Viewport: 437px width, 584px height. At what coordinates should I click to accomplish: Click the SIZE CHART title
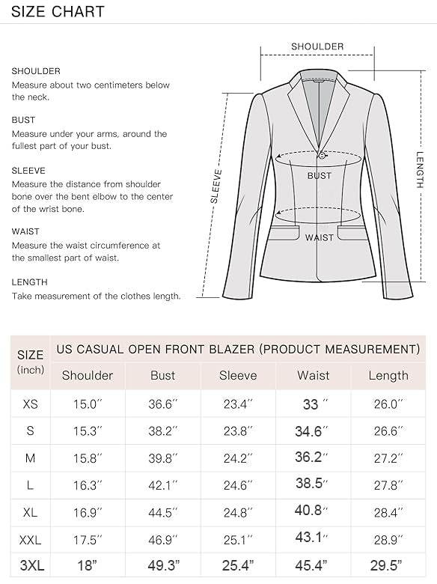point(58,12)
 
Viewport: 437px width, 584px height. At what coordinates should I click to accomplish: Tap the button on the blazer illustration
point(323,155)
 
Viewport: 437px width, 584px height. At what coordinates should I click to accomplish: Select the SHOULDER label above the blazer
point(317,46)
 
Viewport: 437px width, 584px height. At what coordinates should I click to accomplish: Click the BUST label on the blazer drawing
point(320,176)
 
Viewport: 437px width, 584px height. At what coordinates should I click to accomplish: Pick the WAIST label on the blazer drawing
point(320,237)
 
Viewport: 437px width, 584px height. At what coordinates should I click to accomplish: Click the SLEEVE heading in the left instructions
point(28,171)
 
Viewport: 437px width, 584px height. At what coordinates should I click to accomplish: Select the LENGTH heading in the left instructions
point(29,282)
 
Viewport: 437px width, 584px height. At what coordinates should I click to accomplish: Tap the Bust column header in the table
point(162,375)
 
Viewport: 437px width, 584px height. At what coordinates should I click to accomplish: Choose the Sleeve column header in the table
point(238,375)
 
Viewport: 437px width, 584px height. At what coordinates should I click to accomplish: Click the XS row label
point(30,404)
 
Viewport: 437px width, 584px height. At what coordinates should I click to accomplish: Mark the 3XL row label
point(30,565)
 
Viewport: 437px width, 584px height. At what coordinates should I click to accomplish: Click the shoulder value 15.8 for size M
point(88,457)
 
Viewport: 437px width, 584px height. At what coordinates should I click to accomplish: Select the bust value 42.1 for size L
point(162,484)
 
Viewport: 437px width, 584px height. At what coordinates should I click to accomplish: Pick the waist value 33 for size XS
point(313,404)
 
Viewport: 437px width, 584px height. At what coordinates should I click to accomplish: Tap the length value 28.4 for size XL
point(388,511)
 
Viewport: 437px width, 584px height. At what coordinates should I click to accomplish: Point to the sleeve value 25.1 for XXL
point(238,538)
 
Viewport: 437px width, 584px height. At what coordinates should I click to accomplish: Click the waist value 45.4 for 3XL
point(313,565)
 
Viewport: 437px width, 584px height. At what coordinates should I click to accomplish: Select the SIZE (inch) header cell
point(30,362)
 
